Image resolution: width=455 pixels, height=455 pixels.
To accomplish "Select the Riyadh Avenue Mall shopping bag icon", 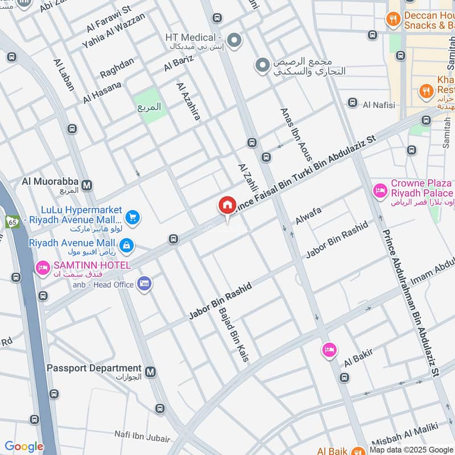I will point(127,245).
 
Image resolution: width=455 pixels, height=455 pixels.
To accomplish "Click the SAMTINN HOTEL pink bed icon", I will point(43,267).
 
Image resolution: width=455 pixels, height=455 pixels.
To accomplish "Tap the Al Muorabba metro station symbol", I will point(87,184).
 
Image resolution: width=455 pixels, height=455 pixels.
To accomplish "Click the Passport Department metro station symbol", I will point(150,371).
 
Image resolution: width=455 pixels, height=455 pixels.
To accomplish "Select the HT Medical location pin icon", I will point(235,40).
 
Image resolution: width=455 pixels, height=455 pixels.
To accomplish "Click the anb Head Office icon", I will point(144,283).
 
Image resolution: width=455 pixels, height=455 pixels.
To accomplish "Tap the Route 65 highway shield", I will point(11,221).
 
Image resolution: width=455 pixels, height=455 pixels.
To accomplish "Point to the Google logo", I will point(24,446).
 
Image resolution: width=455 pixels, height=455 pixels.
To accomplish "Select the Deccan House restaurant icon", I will point(392,20).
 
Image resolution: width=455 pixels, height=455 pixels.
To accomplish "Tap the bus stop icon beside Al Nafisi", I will point(353,103).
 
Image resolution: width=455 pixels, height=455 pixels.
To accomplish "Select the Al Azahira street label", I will point(188,102).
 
